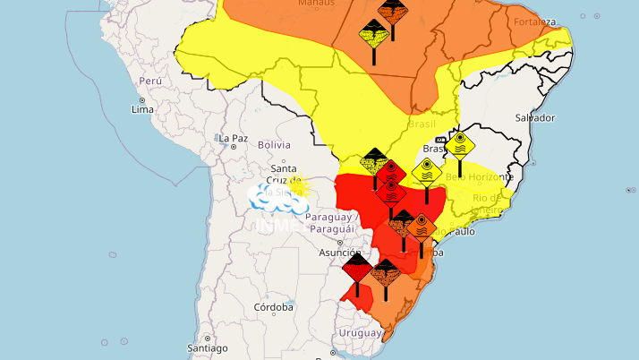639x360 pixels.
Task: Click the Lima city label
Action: pos(143,109)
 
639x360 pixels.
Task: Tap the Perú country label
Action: pos(149,81)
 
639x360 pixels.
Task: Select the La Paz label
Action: pos(233,138)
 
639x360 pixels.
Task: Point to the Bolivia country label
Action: pos(275,144)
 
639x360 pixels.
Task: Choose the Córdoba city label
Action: pos(273,307)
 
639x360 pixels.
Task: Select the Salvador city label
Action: pos(535,118)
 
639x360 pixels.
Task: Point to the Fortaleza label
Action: pos(535,21)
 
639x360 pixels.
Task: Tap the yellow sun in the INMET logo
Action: pos(294,187)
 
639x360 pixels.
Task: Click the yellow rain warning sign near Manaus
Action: pos(372,34)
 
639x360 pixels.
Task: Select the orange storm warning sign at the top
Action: pos(390,12)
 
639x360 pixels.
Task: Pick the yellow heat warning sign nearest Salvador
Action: pos(461,143)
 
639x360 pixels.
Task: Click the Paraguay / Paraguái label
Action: pos(332,222)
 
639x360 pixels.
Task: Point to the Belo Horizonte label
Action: pos(480,177)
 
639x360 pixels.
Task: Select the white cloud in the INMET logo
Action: pos(269,196)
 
